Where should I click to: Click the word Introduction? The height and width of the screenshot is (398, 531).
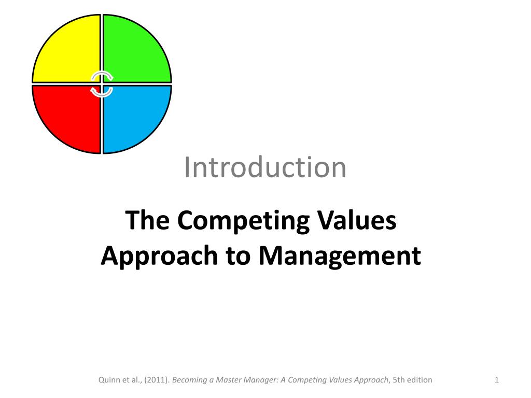(265, 167)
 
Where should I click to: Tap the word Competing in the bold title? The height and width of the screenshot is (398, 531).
(243, 220)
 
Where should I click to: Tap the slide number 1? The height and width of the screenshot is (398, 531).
(497, 380)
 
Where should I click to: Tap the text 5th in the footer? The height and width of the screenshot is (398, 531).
(399, 380)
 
